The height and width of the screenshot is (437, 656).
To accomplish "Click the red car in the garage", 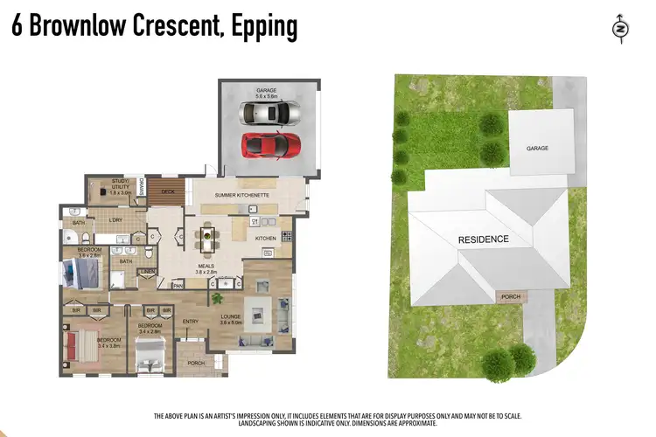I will pyautogui.click(x=271, y=142).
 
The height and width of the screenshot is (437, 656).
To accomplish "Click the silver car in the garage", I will pyautogui.click(x=270, y=113).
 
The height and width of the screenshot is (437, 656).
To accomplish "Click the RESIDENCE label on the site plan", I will pyautogui.click(x=484, y=239).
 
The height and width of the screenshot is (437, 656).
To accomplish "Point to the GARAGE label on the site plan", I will pyautogui.click(x=537, y=149).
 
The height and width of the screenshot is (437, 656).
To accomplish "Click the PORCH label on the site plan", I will pyautogui.click(x=511, y=297).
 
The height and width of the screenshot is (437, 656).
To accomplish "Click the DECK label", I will pyautogui.click(x=168, y=191).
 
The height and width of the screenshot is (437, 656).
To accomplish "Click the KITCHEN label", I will pyautogui.click(x=266, y=238).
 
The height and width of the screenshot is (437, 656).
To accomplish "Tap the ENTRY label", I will pyautogui.click(x=190, y=321).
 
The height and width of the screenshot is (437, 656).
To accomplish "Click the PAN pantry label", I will pyautogui.click(x=178, y=285).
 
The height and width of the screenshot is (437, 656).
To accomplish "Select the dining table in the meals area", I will pyautogui.click(x=207, y=235).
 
